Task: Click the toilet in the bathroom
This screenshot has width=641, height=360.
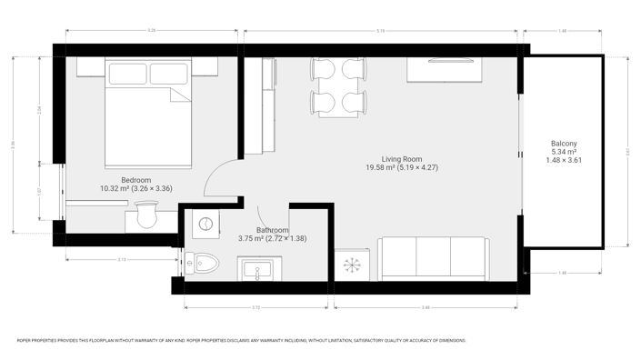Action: coord(205,264)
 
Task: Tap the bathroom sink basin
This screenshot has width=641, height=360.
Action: coord(260,269)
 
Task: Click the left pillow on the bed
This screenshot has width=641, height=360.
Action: coord(126,74)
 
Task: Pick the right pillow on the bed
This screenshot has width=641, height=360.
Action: coord(169,74)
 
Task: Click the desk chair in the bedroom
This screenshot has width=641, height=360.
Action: coord(145,217)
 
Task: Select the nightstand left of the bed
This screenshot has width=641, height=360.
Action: coord(89,67)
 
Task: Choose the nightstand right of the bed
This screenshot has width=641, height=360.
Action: coord(205,67)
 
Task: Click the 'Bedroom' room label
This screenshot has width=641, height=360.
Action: coord(135,180)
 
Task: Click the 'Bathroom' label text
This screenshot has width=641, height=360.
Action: coord(274,230)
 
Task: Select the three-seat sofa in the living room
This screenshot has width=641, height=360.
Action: coord(433,258)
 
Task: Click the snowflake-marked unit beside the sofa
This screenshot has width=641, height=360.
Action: coord(351,265)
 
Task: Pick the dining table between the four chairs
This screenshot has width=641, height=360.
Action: coord(338,87)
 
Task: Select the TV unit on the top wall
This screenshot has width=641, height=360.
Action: coord(444,71)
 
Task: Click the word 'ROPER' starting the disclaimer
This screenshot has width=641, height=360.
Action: coord(25,341)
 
